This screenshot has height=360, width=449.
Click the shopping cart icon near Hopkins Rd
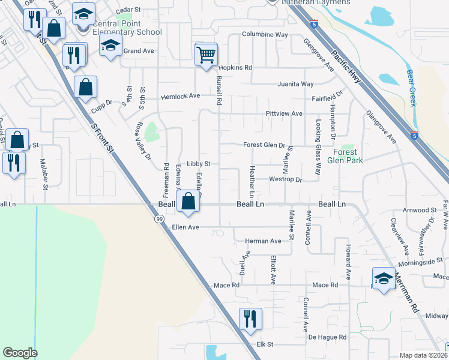pos(206,55)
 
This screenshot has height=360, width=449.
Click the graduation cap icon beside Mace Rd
pos(384,278)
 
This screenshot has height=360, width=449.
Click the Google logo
pos(20,353)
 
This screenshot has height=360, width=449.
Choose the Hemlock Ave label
pos(180,96)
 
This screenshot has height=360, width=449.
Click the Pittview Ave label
pos(284,113)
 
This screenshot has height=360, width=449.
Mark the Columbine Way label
pos(265,35)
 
